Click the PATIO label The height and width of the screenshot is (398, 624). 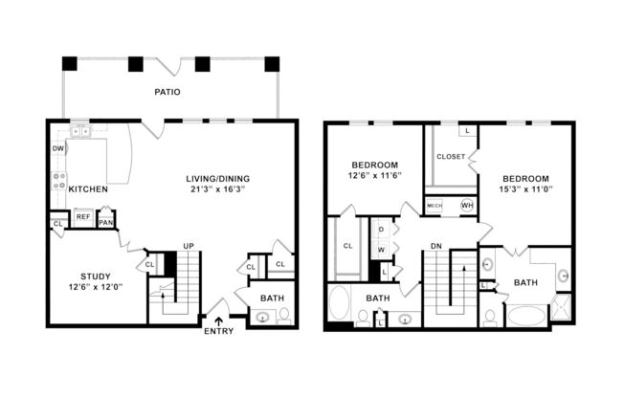(x=168, y=93)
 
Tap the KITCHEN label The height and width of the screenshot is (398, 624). (x=87, y=189)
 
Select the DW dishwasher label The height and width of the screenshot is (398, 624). (x=57, y=149)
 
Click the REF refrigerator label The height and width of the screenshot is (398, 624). (x=82, y=217)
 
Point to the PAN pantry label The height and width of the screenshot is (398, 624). (x=106, y=224)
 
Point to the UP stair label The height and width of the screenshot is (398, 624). (x=189, y=247)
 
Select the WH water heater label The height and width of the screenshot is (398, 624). (x=467, y=206)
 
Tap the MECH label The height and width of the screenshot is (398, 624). (x=435, y=206)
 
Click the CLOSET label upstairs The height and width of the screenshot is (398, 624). (x=450, y=156)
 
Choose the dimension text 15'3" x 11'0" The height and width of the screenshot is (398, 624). (x=526, y=190)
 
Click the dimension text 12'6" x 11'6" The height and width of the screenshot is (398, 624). (x=374, y=176)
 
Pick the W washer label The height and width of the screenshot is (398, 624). (x=380, y=251)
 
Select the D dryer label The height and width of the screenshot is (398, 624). (x=380, y=231)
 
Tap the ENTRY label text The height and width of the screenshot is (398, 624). (x=219, y=331)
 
